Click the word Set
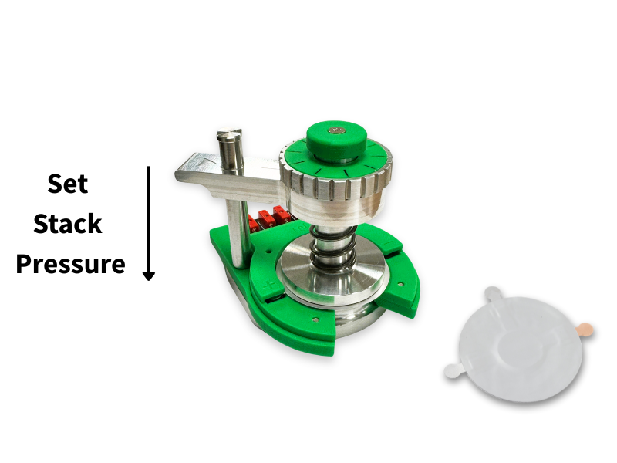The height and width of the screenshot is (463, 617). click(67, 184)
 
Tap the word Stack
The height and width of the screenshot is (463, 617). click(68, 224)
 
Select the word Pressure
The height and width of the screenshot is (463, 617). click(70, 264)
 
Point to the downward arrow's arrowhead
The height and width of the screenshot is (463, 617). click(148, 275)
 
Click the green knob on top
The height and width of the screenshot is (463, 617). click(336, 141)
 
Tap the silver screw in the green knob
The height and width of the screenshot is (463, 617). click(336, 129)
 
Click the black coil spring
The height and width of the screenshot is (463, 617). click(333, 248)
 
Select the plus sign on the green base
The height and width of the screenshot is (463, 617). click(269, 286)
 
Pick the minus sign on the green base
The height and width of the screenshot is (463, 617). click(388, 243)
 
